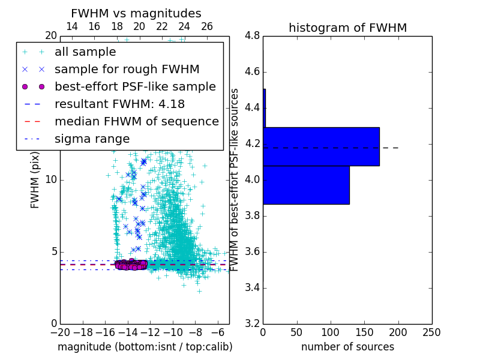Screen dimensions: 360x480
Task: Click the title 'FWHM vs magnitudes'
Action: (x=136, y=13)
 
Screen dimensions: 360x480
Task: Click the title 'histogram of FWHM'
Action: (x=347, y=28)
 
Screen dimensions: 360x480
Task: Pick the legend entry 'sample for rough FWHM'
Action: (x=127, y=70)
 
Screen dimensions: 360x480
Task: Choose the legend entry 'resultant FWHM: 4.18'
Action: (x=119, y=104)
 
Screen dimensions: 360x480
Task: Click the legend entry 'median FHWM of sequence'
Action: (x=136, y=122)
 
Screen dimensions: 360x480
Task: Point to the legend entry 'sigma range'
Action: (x=92, y=139)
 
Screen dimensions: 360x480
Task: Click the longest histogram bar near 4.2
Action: (x=321, y=146)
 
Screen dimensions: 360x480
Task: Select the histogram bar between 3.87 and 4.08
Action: (x=306, y=185)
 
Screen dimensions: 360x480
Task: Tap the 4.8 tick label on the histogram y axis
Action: (x=253, y=36)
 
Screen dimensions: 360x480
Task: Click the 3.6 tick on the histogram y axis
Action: (x=253, y=251)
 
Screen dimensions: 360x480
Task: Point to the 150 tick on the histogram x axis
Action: (x=364, y=332)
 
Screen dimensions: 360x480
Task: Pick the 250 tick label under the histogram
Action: (x=431, y=332)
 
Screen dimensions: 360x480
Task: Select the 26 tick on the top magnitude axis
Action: (x=207, y=26)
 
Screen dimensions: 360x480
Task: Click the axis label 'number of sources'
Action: (x=347, y=347)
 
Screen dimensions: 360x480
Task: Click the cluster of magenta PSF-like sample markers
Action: (x=131, y=264)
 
